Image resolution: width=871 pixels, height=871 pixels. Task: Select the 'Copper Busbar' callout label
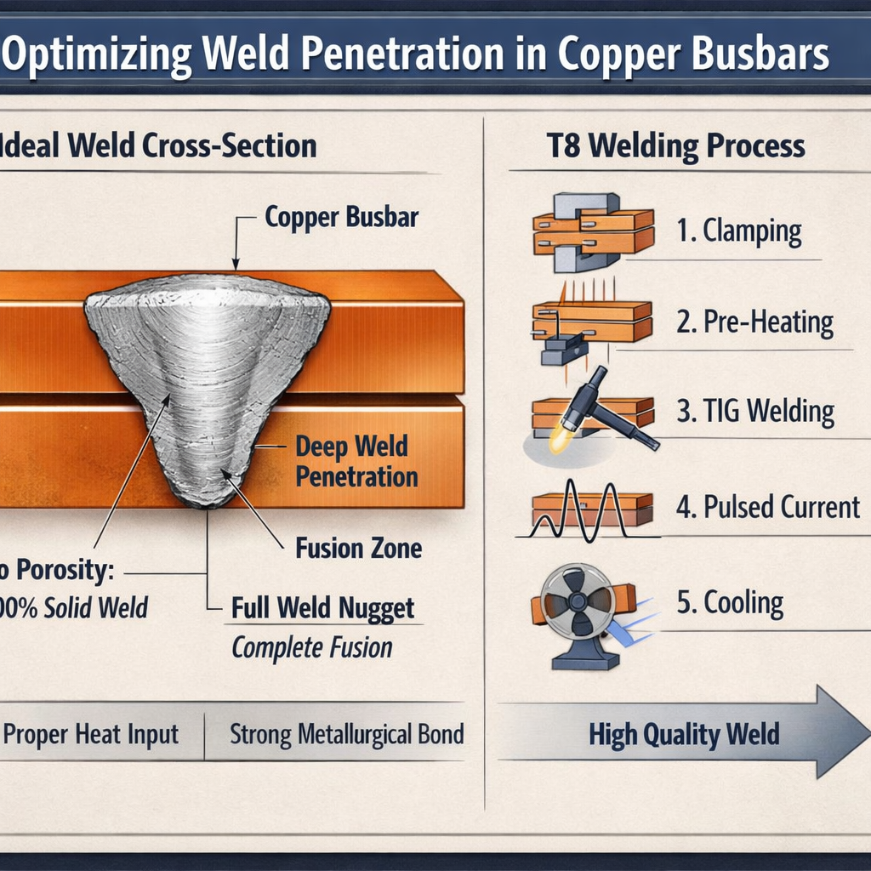click(341, 217)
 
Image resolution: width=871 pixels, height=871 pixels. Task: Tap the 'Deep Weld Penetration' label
click(356, 461)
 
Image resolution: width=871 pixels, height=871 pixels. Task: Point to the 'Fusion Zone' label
click(358, 549)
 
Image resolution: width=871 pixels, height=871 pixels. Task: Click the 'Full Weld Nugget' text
click(323, 608)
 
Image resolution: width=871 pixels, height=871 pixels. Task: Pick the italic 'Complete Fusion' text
click(312, 648)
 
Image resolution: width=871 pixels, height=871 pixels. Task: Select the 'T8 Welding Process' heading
click(675, 145)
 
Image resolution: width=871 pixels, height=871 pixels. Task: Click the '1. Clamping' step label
click(739, 232)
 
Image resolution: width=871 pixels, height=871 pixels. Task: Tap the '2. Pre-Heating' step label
click(754, 322)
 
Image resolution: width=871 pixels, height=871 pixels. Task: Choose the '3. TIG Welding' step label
click(754, 412)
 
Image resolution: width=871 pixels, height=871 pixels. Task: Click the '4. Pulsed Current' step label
click(767, 507)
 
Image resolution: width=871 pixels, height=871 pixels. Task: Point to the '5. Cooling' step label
click(730, 602)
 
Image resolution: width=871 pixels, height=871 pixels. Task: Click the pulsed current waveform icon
click(587, 510)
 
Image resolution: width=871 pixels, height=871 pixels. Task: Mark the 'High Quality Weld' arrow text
click(684, 734)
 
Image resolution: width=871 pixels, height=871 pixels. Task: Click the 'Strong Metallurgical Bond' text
click(346, 734)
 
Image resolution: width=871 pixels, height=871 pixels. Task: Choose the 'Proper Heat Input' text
click(92, 734)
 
